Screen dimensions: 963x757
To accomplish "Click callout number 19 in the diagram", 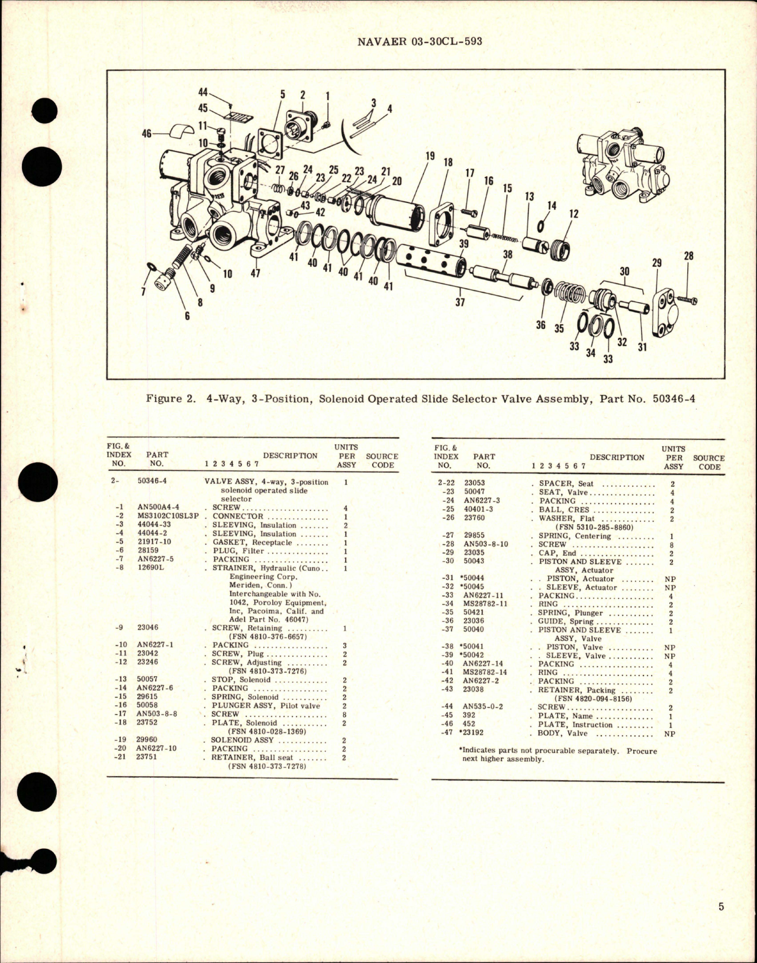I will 430,156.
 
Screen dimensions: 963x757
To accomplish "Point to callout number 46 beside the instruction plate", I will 147,134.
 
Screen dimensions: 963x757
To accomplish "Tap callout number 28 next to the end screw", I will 688,256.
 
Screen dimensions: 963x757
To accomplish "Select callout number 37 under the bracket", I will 460,302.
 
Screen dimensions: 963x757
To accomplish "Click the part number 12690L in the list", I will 149,568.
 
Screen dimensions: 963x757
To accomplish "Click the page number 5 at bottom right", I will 721,923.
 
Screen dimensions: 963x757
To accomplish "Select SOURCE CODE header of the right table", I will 708,462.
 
